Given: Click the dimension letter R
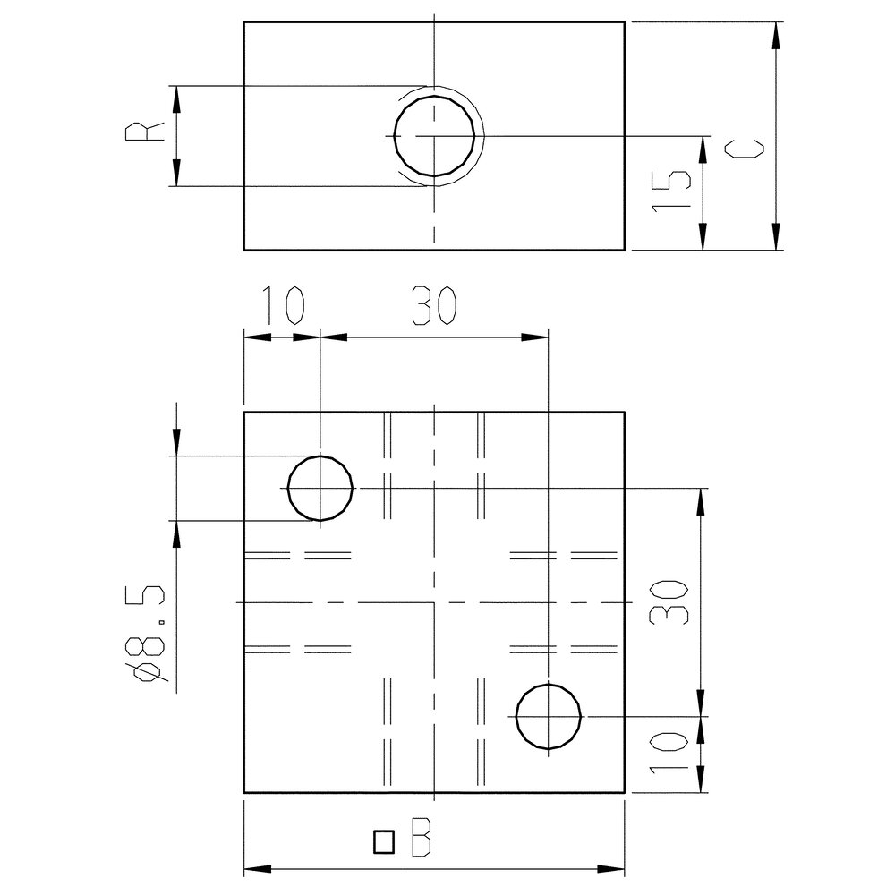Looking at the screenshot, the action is (x=145, y=132).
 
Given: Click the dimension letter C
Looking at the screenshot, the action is (x=745, y=149).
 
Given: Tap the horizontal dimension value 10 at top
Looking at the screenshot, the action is (x=284, y=305).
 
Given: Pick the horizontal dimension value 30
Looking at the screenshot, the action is (x=434, y=305).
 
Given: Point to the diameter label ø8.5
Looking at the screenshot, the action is (x=150, y=633).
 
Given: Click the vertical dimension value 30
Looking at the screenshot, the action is (x=669, y=602).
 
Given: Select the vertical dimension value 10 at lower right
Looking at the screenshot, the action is (x=669, y=754).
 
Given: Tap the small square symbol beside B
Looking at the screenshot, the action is (x=384, y=842).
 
